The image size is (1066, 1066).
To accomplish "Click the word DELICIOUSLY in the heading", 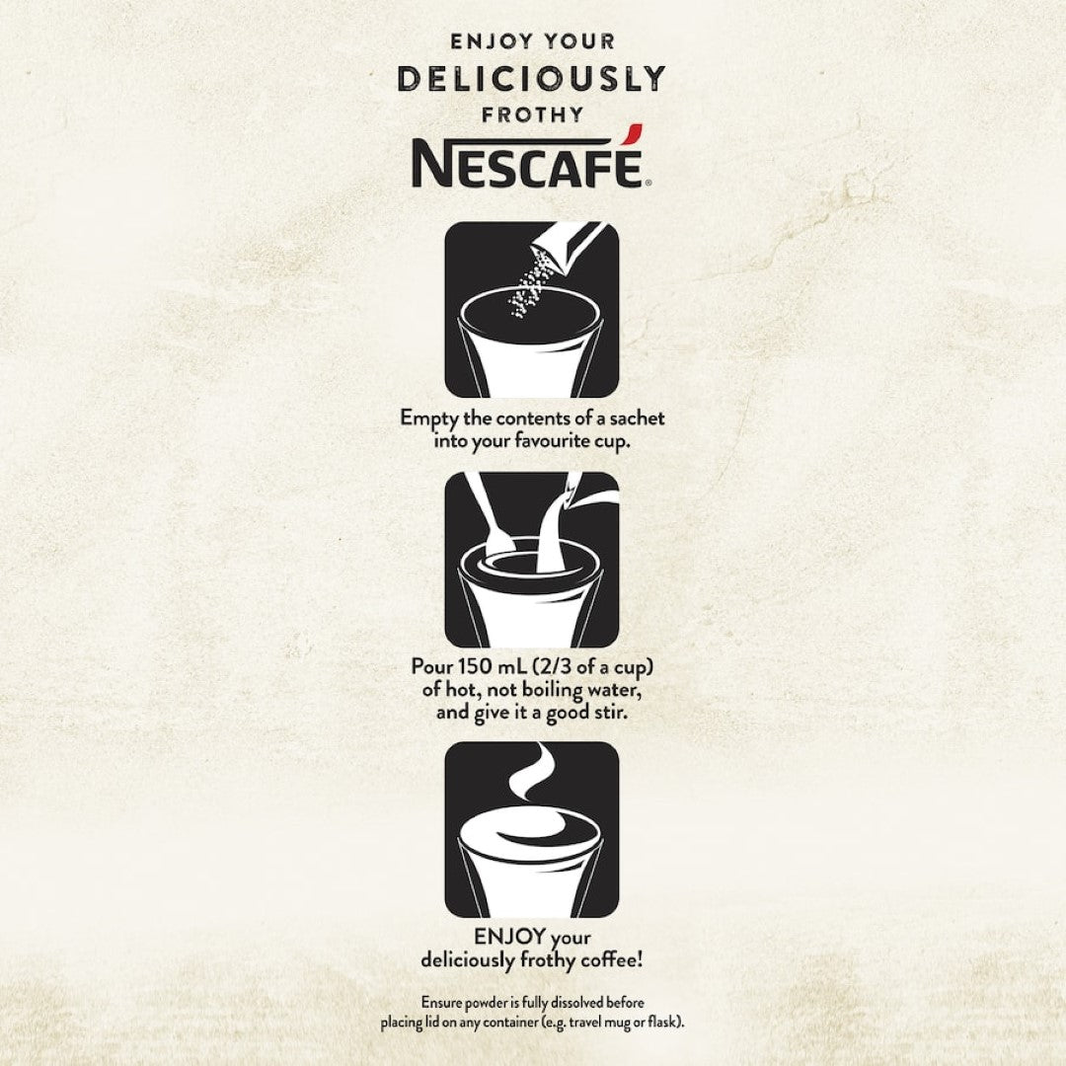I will coord(532,79).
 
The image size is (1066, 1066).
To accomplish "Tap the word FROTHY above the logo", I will coord(532,114).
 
